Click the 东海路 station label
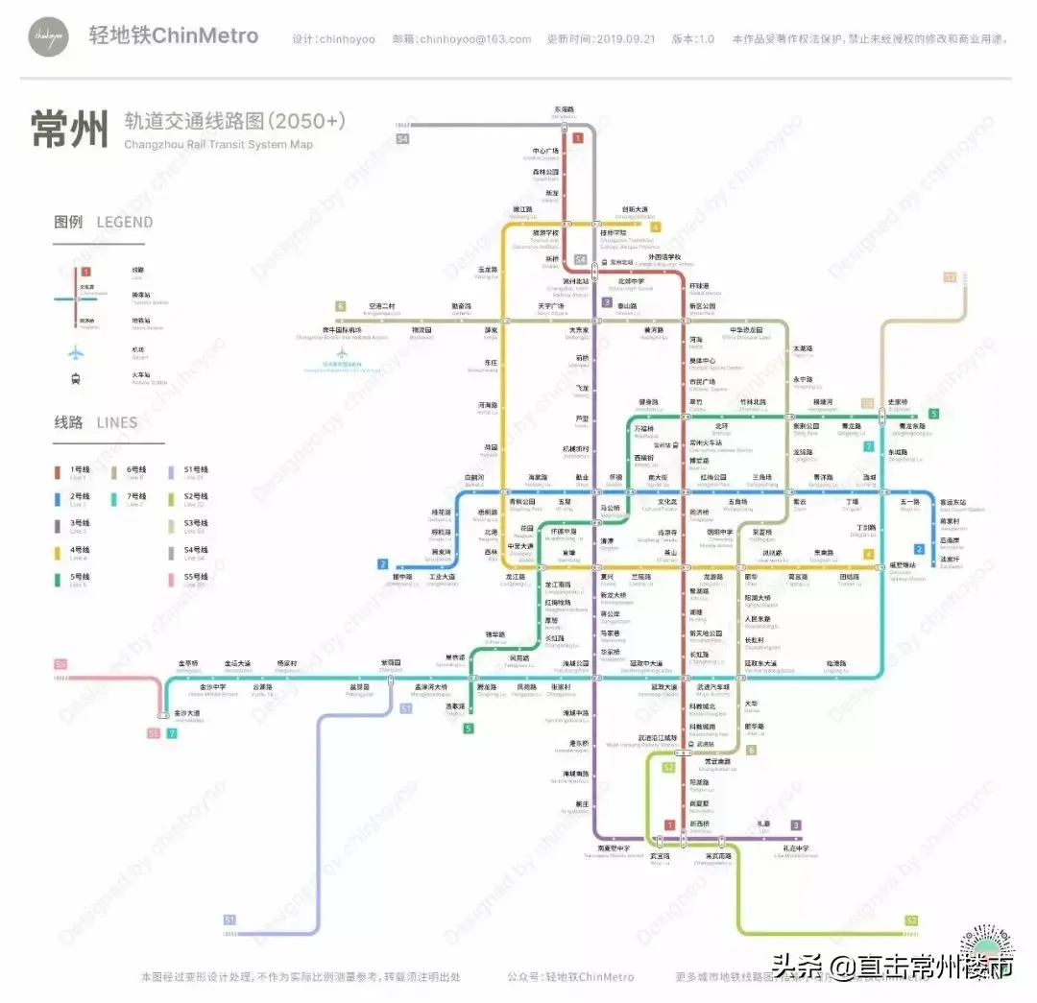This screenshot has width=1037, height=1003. tap(564, 109)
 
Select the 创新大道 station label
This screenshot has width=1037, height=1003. tap(635, 209)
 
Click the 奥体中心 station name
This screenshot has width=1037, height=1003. tap(702, 361)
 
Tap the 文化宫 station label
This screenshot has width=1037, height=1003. tap(666, 501)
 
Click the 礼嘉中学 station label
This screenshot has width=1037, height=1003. tap(794, 848)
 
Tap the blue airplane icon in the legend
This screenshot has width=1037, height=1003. tap(76, 351)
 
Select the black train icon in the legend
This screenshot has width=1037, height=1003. tap(76, 378)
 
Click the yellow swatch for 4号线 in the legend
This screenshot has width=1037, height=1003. tap(59, 551)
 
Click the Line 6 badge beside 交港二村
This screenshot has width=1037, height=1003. tap(340, 306)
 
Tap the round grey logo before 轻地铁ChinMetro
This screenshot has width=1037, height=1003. tap(48, 36)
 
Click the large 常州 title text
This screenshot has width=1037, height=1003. tap(69, 129)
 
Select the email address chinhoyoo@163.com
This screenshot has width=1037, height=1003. tap(473, 39)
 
